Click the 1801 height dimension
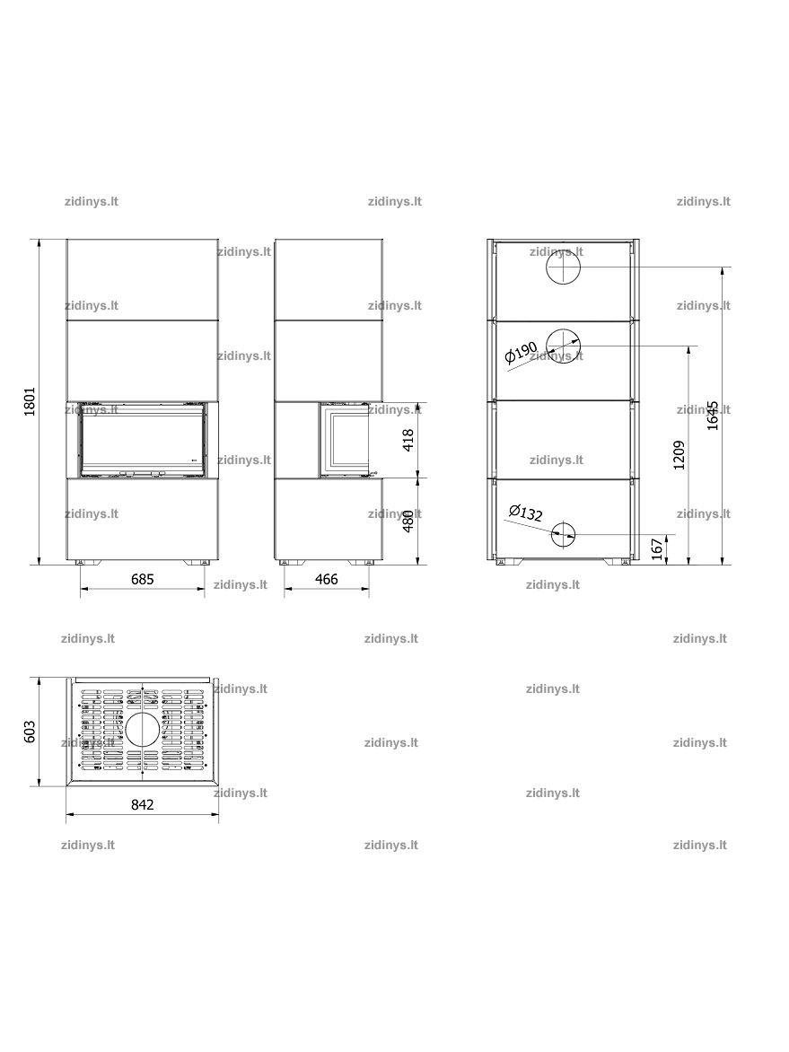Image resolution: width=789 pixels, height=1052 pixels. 30,401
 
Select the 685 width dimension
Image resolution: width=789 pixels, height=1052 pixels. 142,579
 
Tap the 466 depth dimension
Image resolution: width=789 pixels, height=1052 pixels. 326,579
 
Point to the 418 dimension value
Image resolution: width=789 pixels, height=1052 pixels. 408,440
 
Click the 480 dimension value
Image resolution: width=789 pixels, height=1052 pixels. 408,522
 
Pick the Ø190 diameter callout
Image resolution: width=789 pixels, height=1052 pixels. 522,352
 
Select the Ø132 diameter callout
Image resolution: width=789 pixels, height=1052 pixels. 525,513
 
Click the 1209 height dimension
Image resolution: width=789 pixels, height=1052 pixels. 679,455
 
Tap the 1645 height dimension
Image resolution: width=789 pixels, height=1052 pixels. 713,416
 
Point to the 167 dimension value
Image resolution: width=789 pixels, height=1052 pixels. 657,548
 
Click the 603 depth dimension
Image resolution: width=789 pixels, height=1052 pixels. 30,732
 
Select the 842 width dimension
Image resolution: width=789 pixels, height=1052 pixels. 142,804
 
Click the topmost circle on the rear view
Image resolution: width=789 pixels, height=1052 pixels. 562,267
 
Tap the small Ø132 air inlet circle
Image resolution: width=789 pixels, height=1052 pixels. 564,535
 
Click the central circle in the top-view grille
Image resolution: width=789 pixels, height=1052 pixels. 142,731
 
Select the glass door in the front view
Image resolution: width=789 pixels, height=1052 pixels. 142,440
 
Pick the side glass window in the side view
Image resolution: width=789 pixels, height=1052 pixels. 343,440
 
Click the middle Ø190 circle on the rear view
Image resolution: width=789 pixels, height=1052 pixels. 564,346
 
